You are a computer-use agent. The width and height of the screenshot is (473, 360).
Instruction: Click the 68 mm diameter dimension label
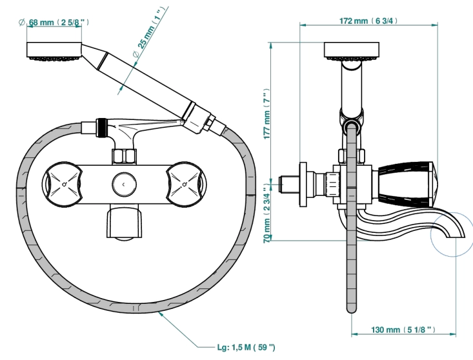[54, 23]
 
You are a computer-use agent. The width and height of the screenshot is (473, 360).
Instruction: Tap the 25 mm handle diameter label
[149, 32]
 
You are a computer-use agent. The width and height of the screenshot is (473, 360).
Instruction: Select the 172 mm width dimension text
[368, 21]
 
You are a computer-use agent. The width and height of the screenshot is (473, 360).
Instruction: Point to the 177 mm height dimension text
[267, 114]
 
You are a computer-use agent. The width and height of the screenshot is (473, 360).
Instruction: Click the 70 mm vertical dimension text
[267, 215]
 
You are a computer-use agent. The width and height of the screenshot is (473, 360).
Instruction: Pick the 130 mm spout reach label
[403, 330]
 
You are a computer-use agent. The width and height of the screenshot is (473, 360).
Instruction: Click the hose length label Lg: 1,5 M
[246, 347]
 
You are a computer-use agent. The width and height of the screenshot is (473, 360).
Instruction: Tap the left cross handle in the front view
[63, 185]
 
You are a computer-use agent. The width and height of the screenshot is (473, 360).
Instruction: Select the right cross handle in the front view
[186, 185]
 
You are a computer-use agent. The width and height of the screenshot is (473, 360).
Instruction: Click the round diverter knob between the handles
[124, 185]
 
